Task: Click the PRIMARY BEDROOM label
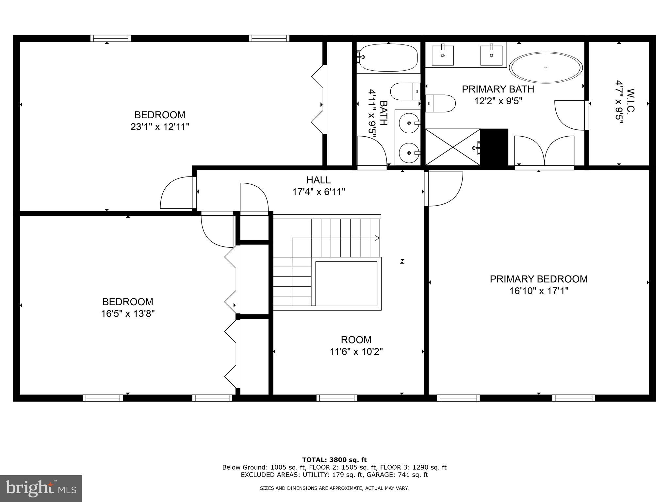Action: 538,279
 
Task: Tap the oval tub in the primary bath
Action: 546,68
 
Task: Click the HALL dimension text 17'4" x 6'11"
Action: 318,192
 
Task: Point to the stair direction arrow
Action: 377,238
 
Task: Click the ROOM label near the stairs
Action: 356,340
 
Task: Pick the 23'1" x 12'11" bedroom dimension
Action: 160,127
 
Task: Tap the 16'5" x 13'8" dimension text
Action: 127,314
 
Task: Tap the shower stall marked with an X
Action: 452,147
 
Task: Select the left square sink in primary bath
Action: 443,56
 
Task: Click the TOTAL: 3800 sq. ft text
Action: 334,460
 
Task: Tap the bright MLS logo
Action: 41,489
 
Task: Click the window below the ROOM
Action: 336,398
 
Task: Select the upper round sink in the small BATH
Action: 409,123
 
